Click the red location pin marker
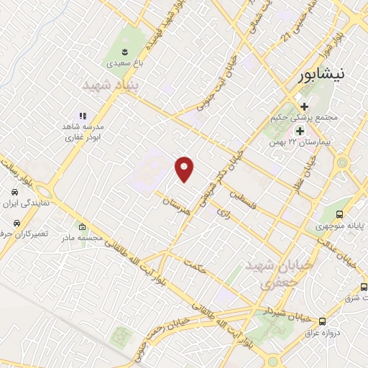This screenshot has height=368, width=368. point(185,169)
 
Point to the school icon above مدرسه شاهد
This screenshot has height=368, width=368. point(83,115)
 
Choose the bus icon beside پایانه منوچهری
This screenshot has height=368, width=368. point(339,213)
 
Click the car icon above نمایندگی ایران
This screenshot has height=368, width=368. point(15,193)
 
